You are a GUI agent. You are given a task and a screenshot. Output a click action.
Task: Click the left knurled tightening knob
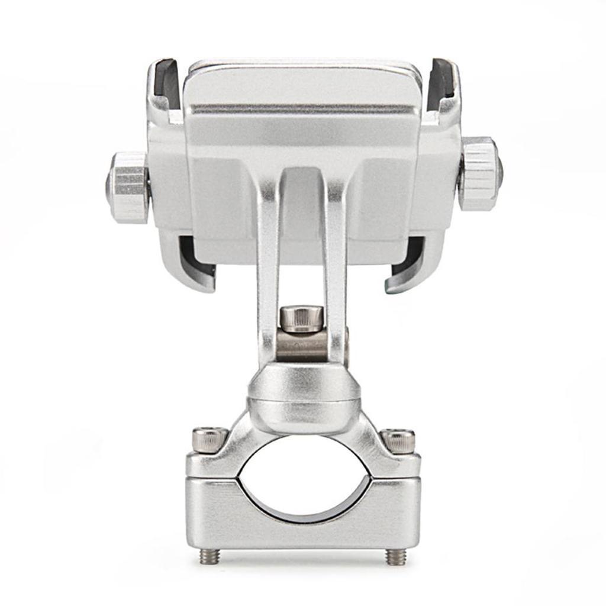point(128,187)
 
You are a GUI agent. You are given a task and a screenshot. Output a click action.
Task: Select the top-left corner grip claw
point(163,89)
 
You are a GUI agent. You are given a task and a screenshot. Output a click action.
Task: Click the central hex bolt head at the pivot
point(302,318)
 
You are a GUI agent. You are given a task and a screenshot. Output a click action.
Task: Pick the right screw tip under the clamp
point(396,556)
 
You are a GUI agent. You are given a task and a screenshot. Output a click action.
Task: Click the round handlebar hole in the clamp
point(303,479)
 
